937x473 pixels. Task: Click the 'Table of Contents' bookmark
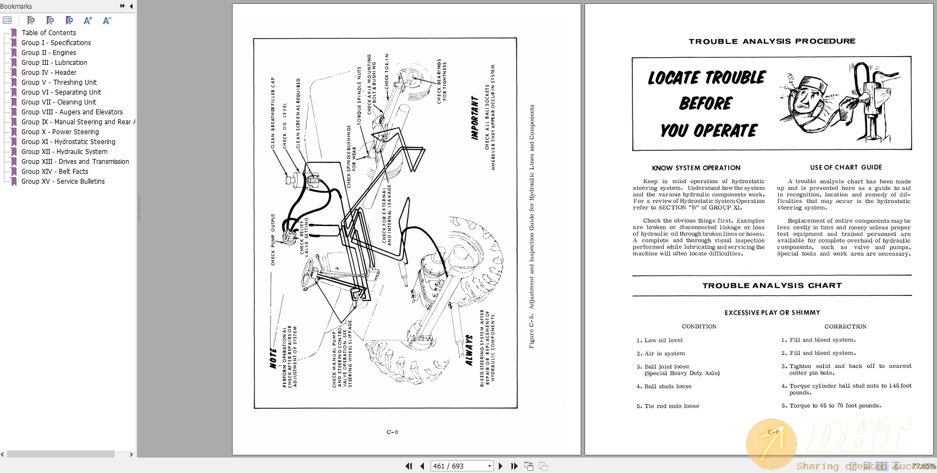pyautogui.click(x=49, y=33)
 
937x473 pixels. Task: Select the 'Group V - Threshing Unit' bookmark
pyautogui.click(x=59, y=82)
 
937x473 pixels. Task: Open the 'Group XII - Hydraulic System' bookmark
pyautogui.click(x=64, y=152)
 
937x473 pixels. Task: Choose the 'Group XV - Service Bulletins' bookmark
pyautogui.click(x=63, y=182)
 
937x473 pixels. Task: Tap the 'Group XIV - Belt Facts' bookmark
pyautogui.click(x=54, y=172)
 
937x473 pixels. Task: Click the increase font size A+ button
pyautogui.click(x=87, y=21)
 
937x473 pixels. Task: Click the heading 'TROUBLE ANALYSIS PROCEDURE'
pyautogui.click(x=771, y=41)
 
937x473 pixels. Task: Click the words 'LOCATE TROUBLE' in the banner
pyautogui.click(x=707, y=78)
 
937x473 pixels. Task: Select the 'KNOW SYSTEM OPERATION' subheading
pyautogui.click(x=696, y=168)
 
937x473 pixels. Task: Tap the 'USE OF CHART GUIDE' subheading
pyautogui.click(x=846, y=167)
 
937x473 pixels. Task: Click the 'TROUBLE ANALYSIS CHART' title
pyautogui.click(x=771, y=285)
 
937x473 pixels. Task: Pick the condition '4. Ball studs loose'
pyautogui.click(x=664, y=387)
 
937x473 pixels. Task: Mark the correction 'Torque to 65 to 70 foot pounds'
pyautogui.click(x=835, y=406)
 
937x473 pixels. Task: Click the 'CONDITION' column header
pyautogui.click(x=699, y=327)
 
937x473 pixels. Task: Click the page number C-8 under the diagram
pyautogui.click(x=392, y=432)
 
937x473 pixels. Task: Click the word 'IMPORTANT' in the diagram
pyautogui.click(x=475, y=118)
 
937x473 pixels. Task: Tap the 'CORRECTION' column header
pyautogui.click(x=845, y=327)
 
